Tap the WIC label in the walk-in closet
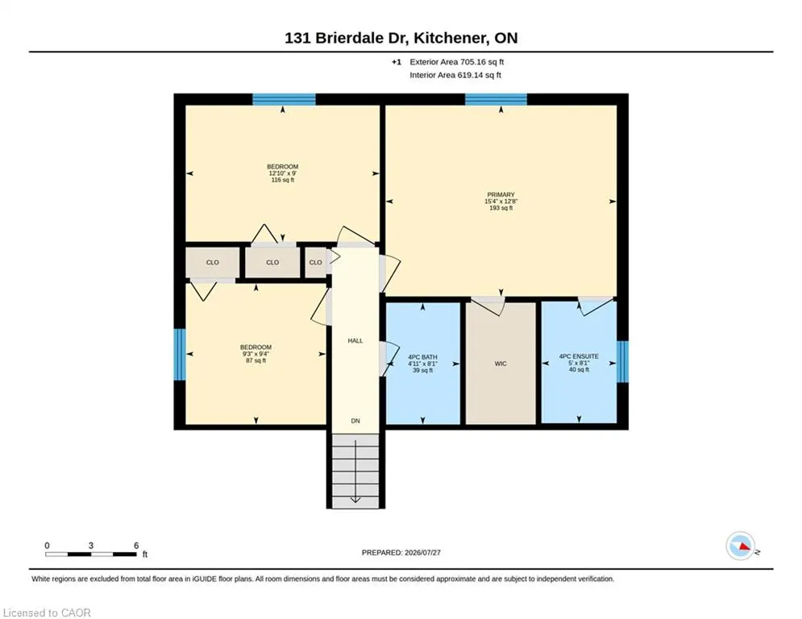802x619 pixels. point(501,364)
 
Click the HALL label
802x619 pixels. point(355,341)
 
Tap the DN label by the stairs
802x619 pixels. point(355,421)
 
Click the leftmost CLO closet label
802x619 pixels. point(213,263)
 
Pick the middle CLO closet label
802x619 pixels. point(272,263)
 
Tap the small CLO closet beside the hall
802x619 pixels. point(316,263)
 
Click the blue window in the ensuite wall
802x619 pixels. point(622,362)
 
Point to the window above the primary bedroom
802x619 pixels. point(496,99)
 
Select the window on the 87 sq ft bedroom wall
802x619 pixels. point(180,355)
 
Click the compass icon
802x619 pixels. point(740,546)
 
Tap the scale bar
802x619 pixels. point(90,554)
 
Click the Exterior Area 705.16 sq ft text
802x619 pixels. point(457,62)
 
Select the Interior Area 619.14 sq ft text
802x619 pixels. point(455,75)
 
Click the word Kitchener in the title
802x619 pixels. point(450,38)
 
